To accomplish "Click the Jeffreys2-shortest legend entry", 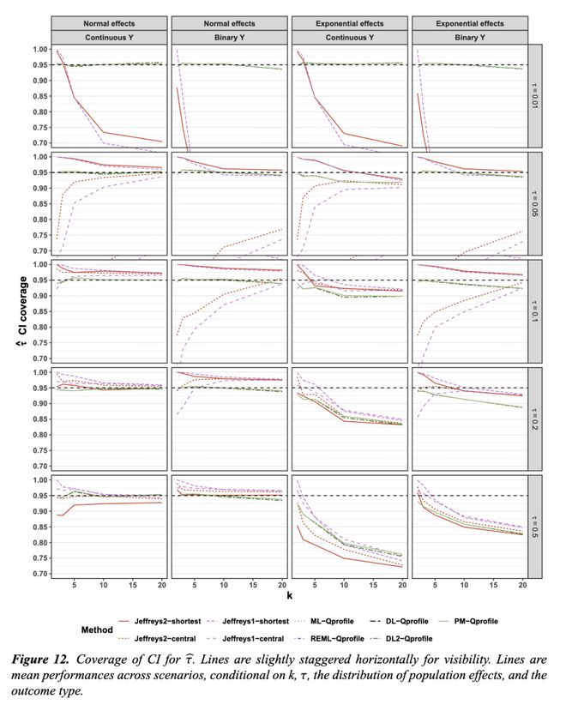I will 178,619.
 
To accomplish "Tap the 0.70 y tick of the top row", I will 35,142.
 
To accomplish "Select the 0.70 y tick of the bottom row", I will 35,574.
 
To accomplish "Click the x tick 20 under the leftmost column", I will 161,584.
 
